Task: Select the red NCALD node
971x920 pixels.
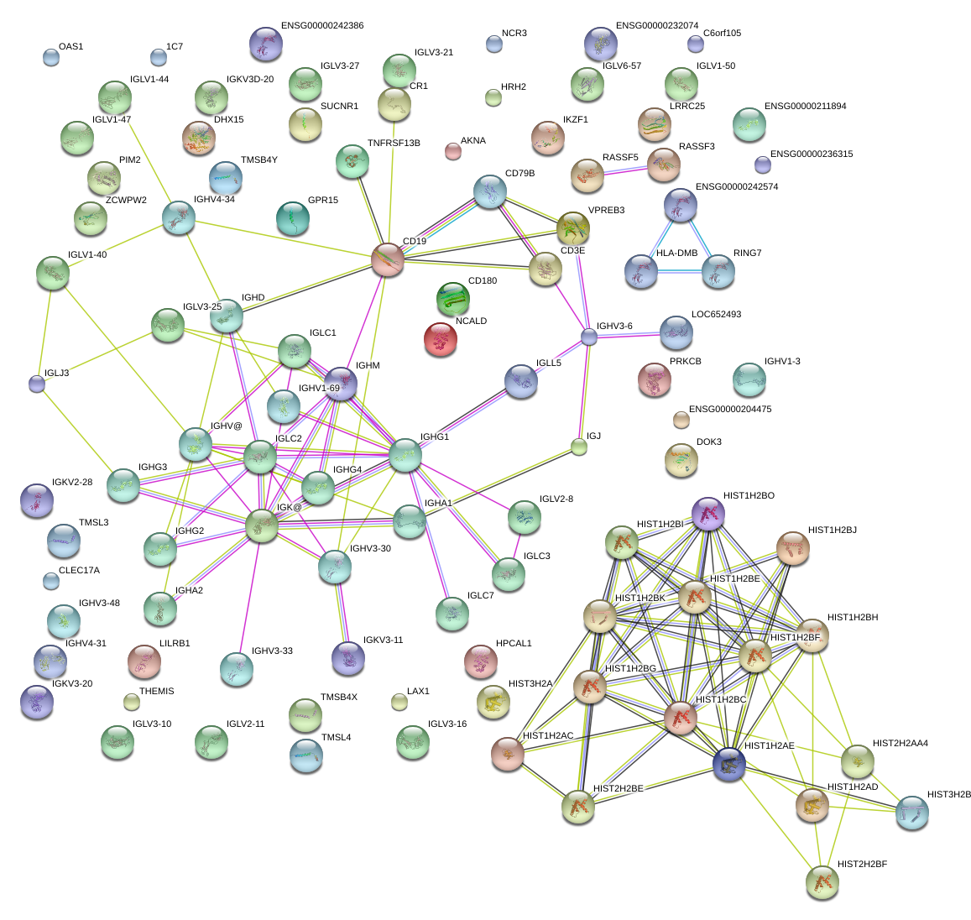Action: tap(441, 338)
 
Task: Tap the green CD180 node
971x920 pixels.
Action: tap(453, 298)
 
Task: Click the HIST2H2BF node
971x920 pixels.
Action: tap(822, 881)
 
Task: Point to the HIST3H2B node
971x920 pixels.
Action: tap(911, 812)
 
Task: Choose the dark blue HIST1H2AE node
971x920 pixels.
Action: tap(728, 764)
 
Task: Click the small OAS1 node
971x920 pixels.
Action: tap(51, 57)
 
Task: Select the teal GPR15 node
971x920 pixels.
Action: tap(292, 218)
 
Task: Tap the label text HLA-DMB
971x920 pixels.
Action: tap(676, 254)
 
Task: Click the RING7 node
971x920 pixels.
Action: tap(718, 271)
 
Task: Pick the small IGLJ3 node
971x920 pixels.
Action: tap(36, 384)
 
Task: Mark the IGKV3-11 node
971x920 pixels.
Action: tap(347, 658)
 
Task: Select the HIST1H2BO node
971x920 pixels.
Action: tap(707, 513)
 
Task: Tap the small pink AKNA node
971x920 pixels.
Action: tap(452, 151)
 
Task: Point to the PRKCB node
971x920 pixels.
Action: tap(655, 379)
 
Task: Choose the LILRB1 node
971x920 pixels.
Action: tap(144, 661)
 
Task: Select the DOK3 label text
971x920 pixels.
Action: tap(708, 442)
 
